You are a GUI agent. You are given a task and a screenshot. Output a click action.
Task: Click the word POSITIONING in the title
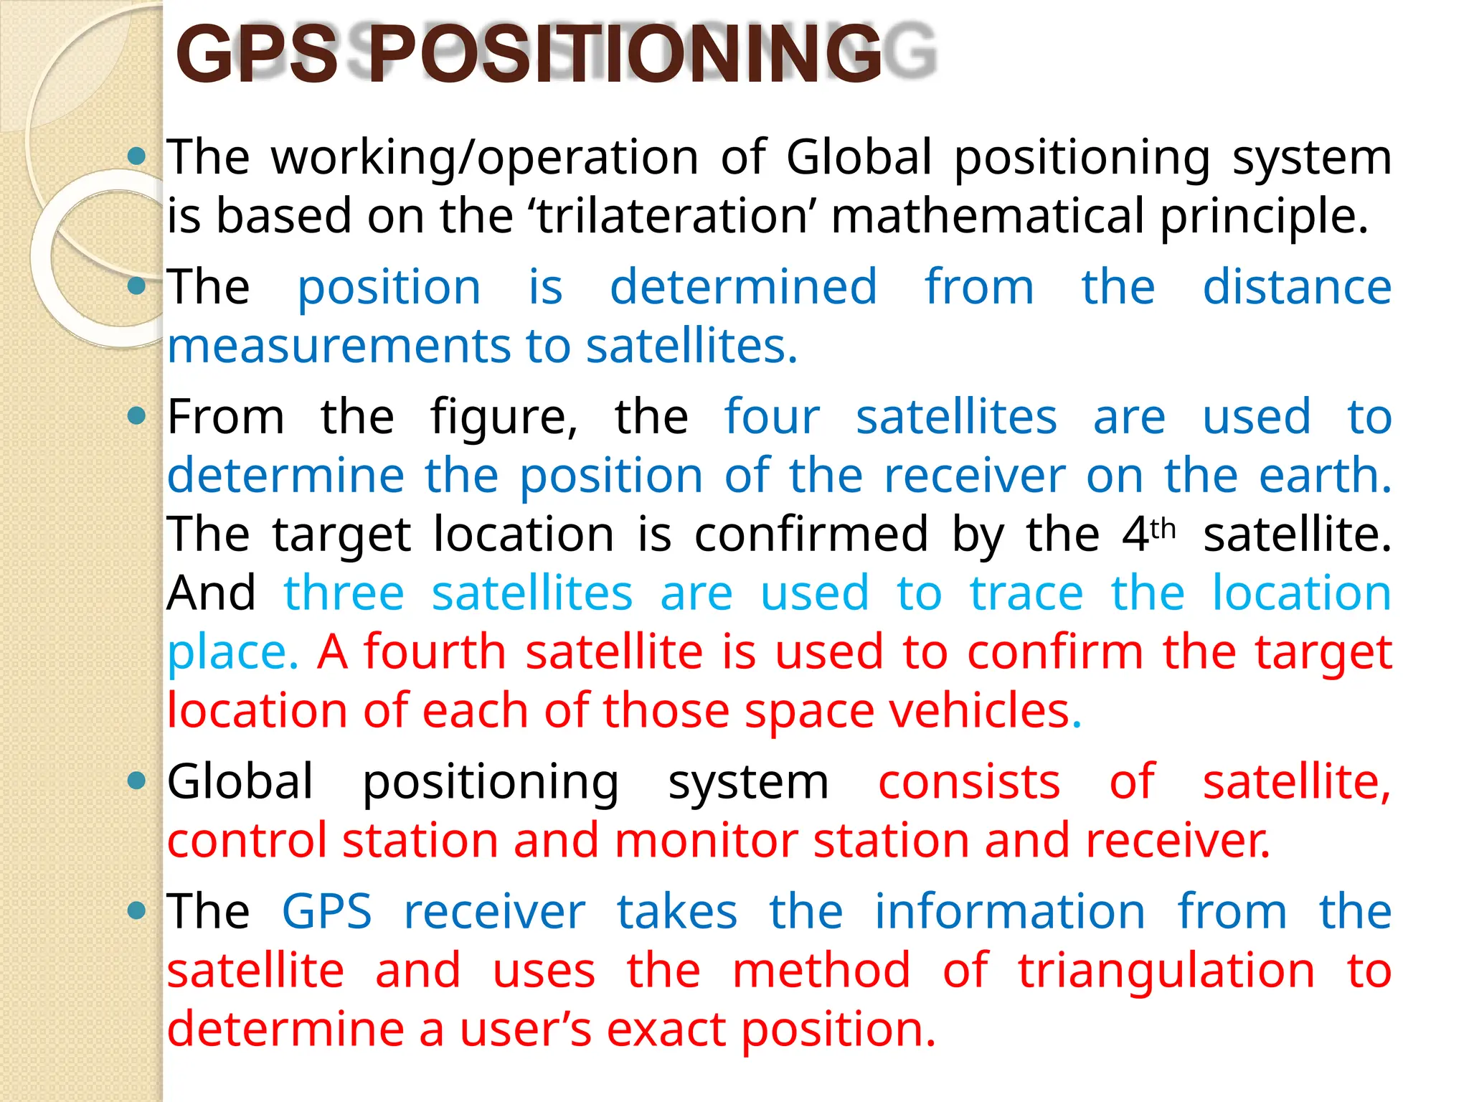click(x=624, y=55)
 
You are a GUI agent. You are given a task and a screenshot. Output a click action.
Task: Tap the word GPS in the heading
click(x=257, y=55)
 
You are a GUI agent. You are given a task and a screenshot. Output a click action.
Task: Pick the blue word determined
click(x=743, y=287)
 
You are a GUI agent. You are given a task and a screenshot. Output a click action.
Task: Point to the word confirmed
click(x=811, y=534)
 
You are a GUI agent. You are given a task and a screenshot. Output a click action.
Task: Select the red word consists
click(x=969, y=781)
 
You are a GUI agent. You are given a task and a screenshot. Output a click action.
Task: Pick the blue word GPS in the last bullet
click(x=327, y=912)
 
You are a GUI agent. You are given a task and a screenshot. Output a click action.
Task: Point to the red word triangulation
click(x=1166, y=971)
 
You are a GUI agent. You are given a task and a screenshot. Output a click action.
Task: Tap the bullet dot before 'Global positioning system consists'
click(x=136, y=781)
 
